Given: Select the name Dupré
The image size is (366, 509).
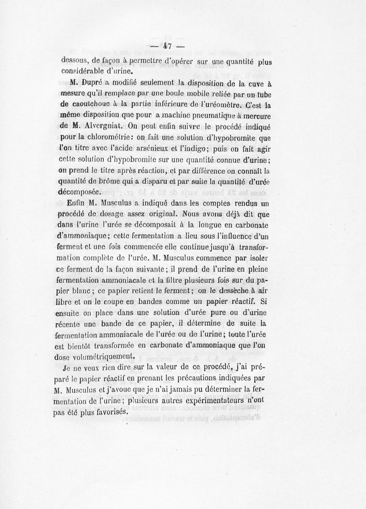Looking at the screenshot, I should coord(96,83).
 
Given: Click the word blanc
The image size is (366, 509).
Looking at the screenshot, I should coord(91,291).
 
